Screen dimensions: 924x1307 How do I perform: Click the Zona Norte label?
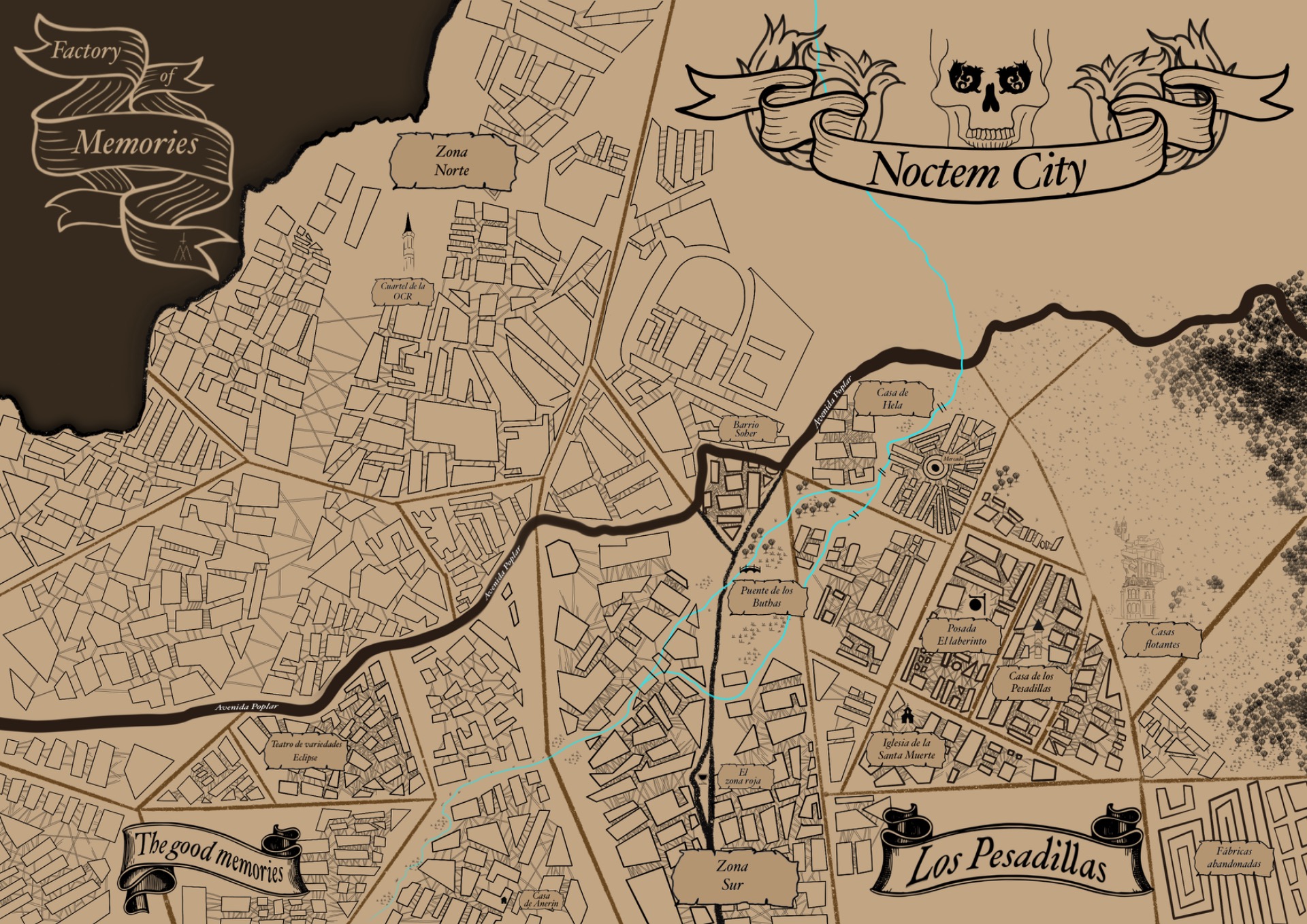pos(452,161)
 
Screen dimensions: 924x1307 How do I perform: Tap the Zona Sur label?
pos(732,876)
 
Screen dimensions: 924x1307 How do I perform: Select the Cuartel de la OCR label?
pos(402,291)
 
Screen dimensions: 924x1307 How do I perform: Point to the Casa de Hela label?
pos(892,399)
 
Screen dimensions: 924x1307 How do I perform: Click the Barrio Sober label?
pos(746,429)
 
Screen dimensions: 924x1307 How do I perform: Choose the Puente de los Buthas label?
pos(767,596)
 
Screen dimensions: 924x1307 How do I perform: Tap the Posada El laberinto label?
pos(961,635)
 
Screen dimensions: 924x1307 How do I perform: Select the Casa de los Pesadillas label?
pos(1031,682)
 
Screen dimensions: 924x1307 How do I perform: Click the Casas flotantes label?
pos(1162,638)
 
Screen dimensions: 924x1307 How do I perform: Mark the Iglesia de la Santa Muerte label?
pos(906,749)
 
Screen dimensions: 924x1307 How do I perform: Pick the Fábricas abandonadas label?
pos(1234,857)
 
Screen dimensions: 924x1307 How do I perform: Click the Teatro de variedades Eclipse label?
pos(306,751)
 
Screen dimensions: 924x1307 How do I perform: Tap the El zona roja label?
pos(743,777)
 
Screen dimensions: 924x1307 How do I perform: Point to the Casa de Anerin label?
pos(541,899)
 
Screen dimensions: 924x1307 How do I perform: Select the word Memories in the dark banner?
pos(136,143)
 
